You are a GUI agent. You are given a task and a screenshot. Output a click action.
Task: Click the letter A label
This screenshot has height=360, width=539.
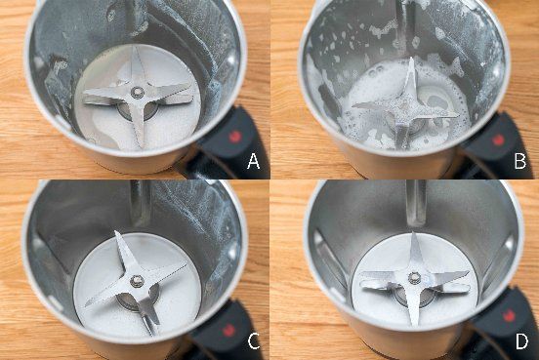(x=253, y=161)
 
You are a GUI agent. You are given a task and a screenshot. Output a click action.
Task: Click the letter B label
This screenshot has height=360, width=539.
(x=520, y=160)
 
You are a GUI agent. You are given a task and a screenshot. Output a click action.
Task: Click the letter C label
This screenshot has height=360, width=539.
(x=254, y=340)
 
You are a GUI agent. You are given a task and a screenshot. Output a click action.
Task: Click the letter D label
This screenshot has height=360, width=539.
(x=521, y=340)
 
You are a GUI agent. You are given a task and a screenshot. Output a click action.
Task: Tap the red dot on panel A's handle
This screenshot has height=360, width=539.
(x=234, y=137)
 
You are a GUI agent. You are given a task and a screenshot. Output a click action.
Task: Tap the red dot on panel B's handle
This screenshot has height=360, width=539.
(x=498, y=140)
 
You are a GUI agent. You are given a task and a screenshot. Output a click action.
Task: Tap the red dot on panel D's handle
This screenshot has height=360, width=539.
(x=509, y=316)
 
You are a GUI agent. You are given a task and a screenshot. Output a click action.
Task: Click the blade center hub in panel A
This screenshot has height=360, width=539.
(x=138, y=92)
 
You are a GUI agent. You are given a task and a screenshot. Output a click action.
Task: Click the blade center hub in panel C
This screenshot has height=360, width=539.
(x=137, y=281)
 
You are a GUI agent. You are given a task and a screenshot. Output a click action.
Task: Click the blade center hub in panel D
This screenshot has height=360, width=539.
(x=414, y=277)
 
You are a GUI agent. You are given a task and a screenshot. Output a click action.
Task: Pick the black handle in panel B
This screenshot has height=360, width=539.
(x=495, y=146)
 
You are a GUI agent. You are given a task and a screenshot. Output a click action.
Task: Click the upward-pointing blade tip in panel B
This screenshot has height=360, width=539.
(x=411, y=59)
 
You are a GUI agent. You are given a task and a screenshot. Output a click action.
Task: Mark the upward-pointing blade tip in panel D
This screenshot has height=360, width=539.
(x=412, y=233)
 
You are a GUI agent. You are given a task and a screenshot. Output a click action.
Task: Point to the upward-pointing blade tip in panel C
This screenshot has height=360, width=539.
(x=116, y=232)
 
